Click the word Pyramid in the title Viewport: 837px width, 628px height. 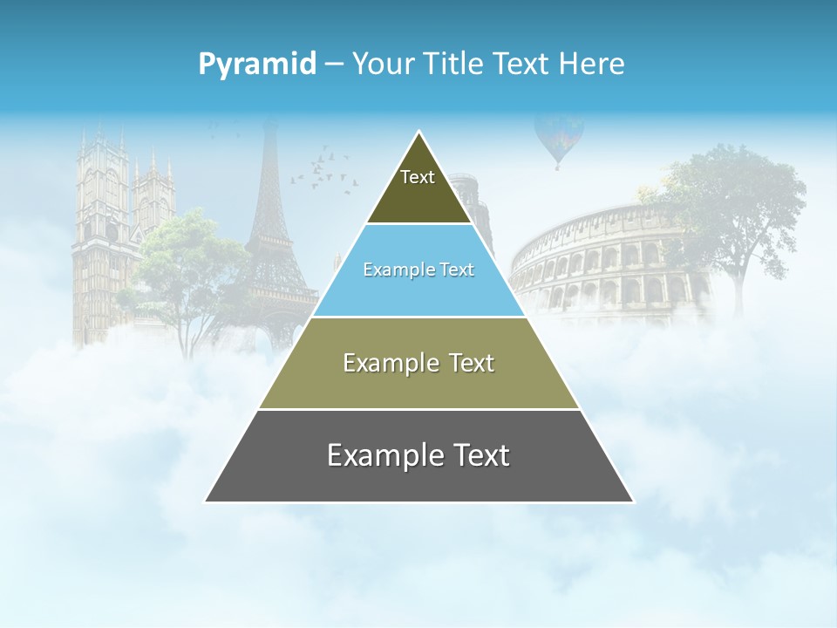pyautogui.click(x=257, y=65)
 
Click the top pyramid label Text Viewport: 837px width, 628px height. pyautogui.click(x=418, y=177)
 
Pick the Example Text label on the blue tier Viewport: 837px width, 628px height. pyautogui.click(x=418, y=270)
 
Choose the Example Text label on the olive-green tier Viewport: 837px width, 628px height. pyautogui.click(x=418, y=363)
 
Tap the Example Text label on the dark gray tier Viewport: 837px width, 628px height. pyautogui.click(x=418, y=455)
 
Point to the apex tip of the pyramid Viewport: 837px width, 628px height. pyautogui.click(x=419, y=133)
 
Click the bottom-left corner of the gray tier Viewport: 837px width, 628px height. pyautogui.click(x=207, y=501)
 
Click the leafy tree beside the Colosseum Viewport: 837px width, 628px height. pyautogui.click(x=732, y=209)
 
